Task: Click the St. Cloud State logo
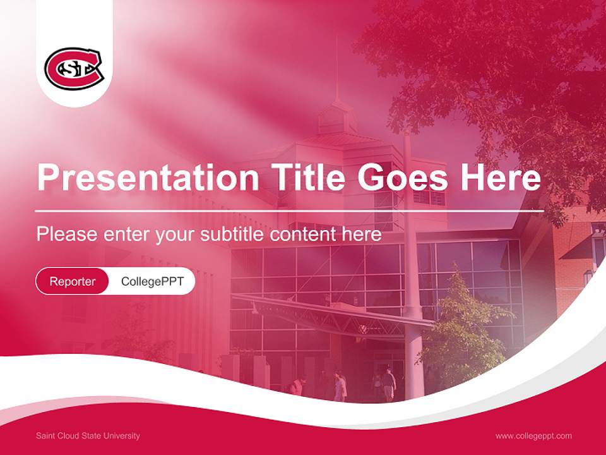coord(73,68)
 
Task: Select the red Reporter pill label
coord(73,281)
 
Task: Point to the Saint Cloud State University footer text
coord(88,436)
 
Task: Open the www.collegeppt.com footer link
coord(533,436)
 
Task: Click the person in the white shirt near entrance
coord(340,385)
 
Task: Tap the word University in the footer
coord(123,436)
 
